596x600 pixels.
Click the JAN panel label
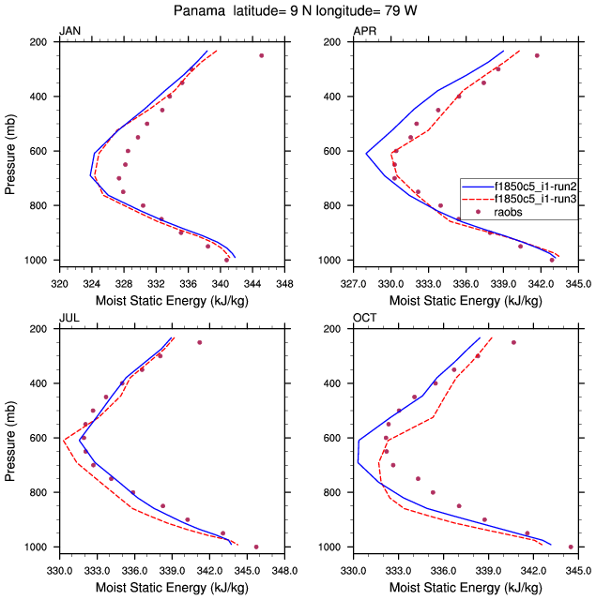click(69, 32)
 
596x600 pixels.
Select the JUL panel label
click(69, 319)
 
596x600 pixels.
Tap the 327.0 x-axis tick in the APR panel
click(353, 282)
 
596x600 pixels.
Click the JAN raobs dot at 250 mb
click(261, 55)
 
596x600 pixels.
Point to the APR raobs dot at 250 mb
click(537, 55)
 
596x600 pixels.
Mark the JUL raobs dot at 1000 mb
click(256, 547)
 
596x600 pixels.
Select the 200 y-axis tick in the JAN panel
click(40, 42)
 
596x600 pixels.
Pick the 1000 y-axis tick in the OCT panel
click(331, 547)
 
